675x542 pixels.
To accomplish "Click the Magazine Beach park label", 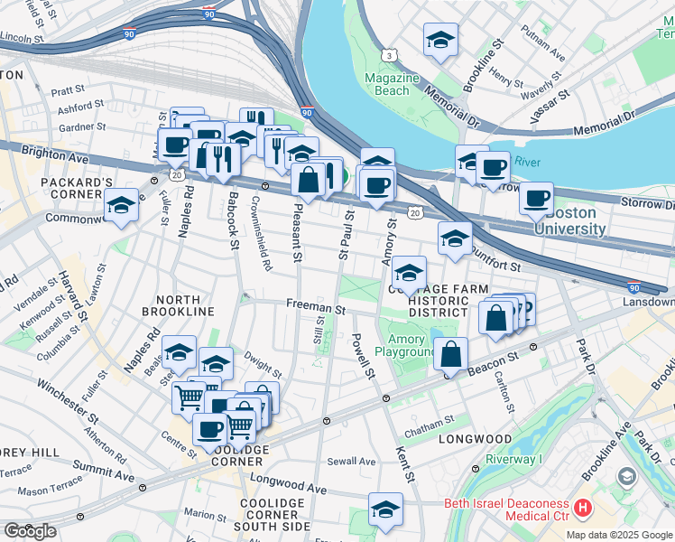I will click(392, 84).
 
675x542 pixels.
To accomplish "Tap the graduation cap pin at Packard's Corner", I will click(121, 205).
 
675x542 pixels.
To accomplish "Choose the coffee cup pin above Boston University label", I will click(536, 198).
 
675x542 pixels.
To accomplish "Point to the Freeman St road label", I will click(316, 308).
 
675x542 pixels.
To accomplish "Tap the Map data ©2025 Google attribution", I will click(619, 535).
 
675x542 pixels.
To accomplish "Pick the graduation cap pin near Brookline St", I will click(440, 40).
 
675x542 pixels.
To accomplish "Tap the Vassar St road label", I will click(551, 105).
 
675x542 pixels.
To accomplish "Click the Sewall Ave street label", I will click(352, 462).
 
